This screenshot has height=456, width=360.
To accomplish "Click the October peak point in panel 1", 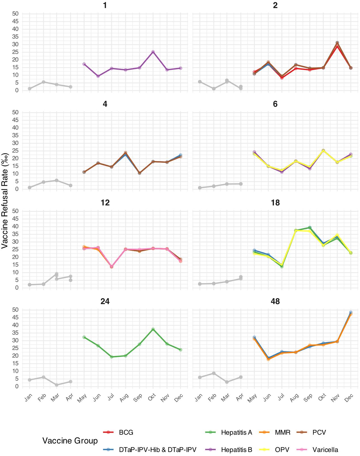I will click(153, 52).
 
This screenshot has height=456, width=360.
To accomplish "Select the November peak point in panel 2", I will click(337, 43).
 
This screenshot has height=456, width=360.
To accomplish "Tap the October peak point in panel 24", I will click(153, 329).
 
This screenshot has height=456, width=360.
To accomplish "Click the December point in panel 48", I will click(351, 313).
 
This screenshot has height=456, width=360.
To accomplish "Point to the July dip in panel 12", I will click(112, 267).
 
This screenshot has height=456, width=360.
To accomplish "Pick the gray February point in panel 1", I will click(43, 82).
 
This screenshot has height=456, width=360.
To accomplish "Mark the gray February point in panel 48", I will click(214, 373).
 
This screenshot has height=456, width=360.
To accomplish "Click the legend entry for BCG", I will click(126, 433).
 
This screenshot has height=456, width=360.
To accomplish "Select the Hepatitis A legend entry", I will click(236, 433).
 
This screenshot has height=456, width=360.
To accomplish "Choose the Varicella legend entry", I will click(325, 450).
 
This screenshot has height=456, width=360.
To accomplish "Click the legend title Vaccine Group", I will click(70, 441).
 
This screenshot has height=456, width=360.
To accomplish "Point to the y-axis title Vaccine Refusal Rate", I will click(5, 201).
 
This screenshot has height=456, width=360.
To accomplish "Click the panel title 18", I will click(275, 203).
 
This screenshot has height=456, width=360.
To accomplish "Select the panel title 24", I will click(105, 301).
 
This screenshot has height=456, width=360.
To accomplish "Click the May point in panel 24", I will click(84, 337).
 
